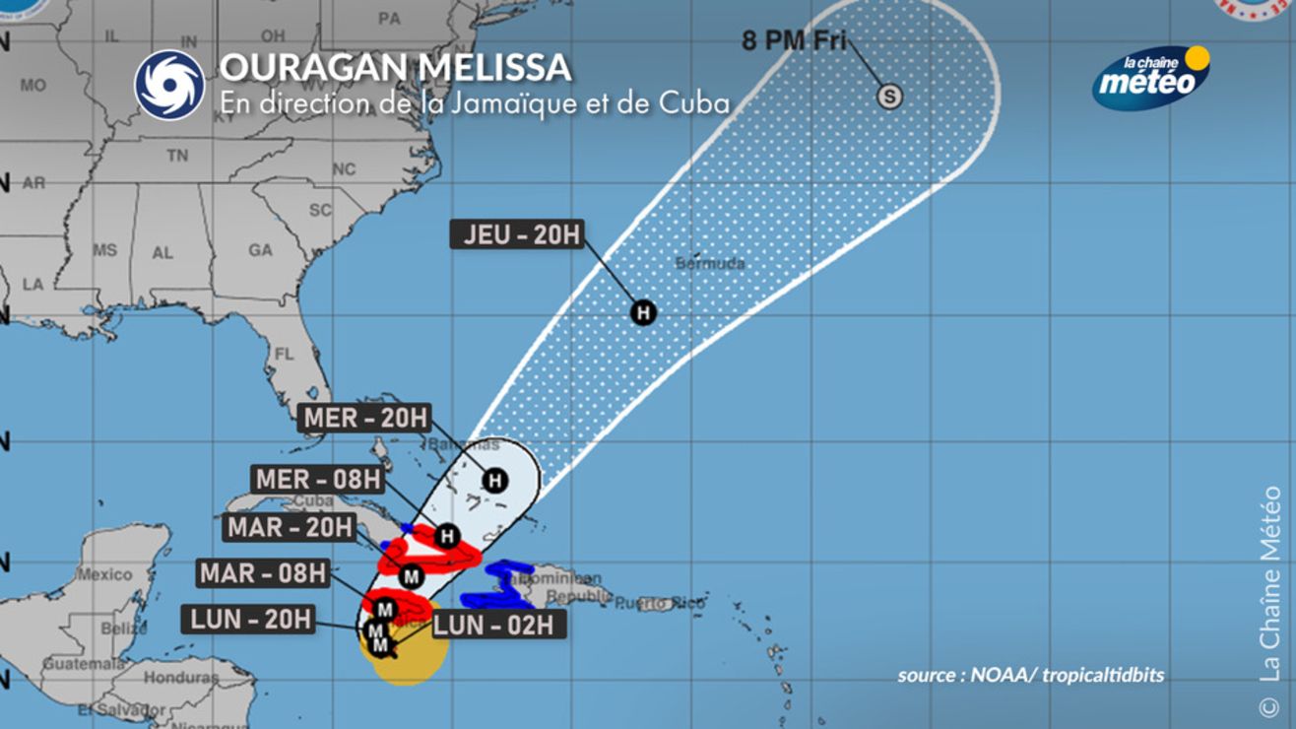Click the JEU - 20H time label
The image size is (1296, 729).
click(517, 234)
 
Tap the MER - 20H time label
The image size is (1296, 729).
click(365, 418)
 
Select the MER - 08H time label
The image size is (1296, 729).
click(318, 480)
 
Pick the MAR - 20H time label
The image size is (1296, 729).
click(290, 527)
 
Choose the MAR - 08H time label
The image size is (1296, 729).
click(263, 572)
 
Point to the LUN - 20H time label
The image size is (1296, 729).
click(249, 619)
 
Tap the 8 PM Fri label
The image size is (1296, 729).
click(794, 41)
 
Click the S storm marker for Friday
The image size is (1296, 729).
click(889, 97)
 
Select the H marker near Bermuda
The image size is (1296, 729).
click(643, 313)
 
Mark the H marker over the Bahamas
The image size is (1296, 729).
click(494, 481)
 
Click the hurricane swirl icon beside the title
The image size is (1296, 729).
click(169, 85)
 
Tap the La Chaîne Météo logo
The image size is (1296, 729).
click(1152, 77)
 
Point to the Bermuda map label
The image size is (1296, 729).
click(710, 264)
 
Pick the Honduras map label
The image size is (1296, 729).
click(180, 678)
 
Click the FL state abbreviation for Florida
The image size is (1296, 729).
click(285, 353)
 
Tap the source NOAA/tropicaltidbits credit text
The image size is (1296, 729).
click(1030, 675)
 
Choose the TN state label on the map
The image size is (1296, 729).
click(177, 156)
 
